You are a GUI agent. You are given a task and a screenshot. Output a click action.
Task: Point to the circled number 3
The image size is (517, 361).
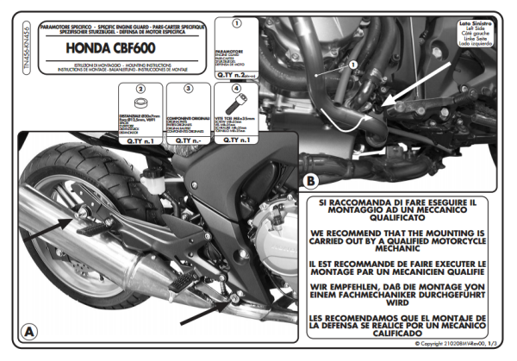pyautogui.click(x=186, y=89)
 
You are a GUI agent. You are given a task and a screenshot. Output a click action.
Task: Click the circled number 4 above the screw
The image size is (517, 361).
pyautogui.click(x=236, y=89)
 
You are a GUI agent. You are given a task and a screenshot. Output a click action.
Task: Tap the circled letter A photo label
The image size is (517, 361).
pyautogui.click(x=30, y=331)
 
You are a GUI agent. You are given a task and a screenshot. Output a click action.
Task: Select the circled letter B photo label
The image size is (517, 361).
pyautogui.click(x=310, y=182)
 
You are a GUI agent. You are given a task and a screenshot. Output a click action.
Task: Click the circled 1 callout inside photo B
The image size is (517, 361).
pyautogui.click(x=352, y=65)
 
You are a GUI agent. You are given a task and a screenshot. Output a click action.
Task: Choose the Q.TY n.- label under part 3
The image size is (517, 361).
pyautogui.click(x=186, y=139)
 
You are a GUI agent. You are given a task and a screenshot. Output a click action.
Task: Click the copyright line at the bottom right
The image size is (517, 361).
pyautogui.click(x=454, y=343)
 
